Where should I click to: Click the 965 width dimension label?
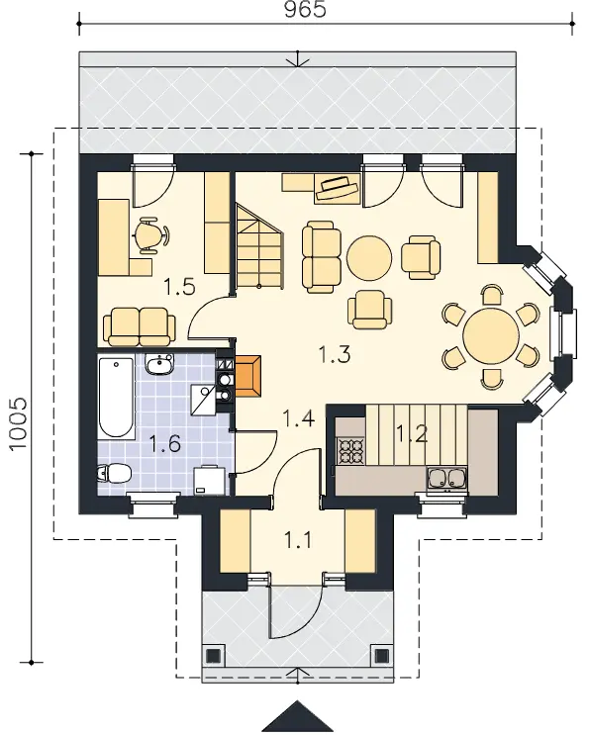click(x=305, y=10)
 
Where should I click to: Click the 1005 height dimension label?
click(x=18, y=424)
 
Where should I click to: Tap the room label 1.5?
click(x=179, y=287)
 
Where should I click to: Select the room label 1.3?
click(x=335, y=354)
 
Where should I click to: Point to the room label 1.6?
click(x=165, y=443)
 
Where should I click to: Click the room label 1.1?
click(x=298, y=541)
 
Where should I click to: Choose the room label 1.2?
click(x=412, y=434)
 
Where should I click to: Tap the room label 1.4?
click(x=298, y=417)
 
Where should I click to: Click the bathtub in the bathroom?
click(x=116, y=398)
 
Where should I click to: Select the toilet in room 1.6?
click(x=114, y=474)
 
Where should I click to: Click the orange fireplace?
click(x=248, y=377)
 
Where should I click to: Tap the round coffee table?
click(x=369, y=258)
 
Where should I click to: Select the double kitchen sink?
click(x=446, y=478)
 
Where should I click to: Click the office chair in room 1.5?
click(x=151, y=235)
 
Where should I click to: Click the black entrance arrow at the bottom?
click(x=297, y=717)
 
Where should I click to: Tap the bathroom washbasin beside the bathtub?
click(x=160, y=364)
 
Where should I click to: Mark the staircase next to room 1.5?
click(x=259, y=247)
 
